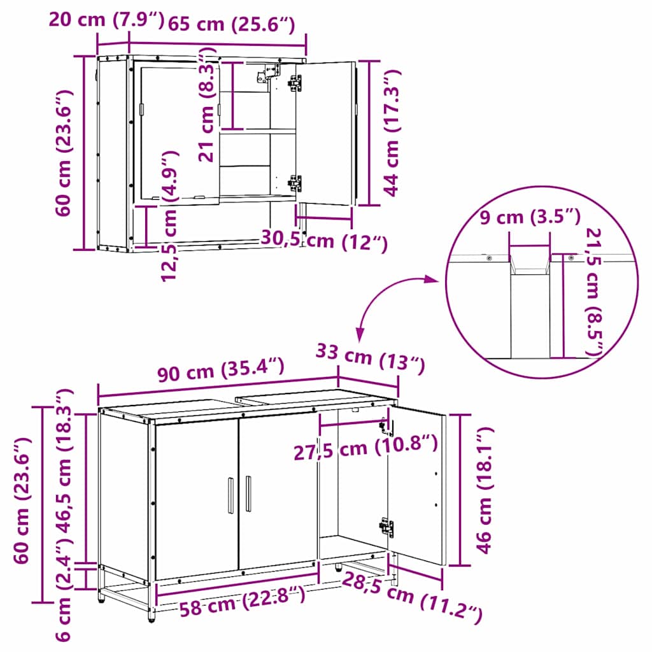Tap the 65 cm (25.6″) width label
(231, 25)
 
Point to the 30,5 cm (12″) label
(324, 241)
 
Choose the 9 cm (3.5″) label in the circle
(529, 218)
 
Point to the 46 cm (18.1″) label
(485, 490)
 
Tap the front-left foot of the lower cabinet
(151, 615)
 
